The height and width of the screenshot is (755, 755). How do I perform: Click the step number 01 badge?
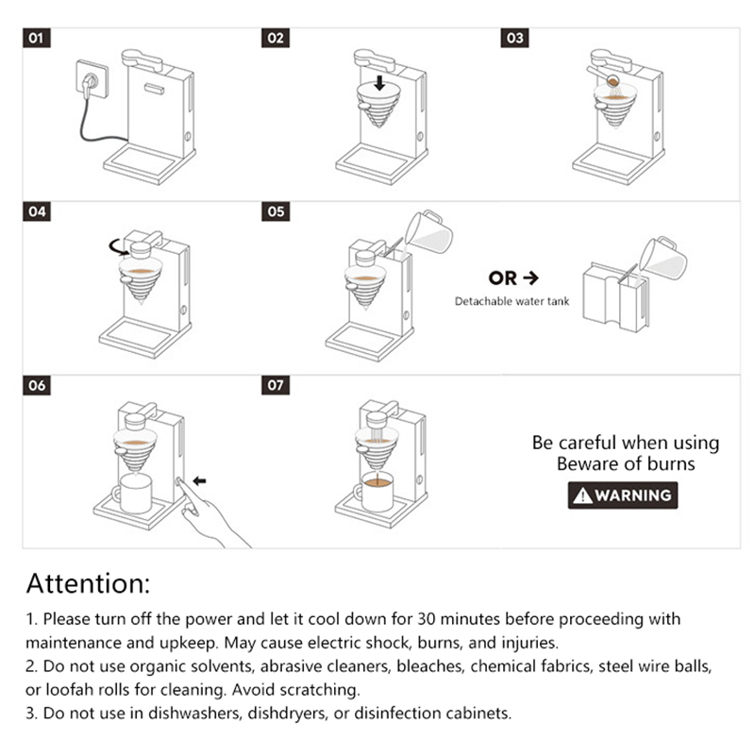pos(37,38)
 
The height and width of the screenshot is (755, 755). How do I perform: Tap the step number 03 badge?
pos(514,38)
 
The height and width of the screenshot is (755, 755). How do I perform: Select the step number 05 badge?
pos(276,211)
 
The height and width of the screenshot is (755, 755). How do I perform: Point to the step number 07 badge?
pos(276,385)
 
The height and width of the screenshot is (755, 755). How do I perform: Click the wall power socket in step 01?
pos(92,79)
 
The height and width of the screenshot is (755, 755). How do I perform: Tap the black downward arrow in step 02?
pos(379,83)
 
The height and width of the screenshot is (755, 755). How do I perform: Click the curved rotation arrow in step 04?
pos(119,247)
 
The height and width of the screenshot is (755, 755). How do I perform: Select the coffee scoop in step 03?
pos(603,76)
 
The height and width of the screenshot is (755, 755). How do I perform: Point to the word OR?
pos(502,277)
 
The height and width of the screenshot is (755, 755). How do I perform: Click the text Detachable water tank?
pos(512,301)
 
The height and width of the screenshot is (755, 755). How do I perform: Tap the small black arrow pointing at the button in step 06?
pos(199,480)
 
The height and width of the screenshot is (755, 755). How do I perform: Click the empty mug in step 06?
pos(132,493)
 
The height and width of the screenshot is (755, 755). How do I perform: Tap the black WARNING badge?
pos(623,495)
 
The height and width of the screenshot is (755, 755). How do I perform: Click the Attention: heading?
pos(88,583)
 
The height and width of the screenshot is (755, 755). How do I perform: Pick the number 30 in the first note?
pos(427,619)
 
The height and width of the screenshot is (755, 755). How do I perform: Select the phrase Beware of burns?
pos(626,463)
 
